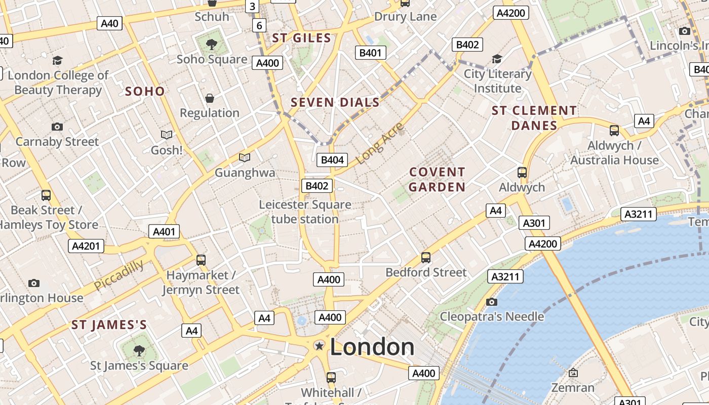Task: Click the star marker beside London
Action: [319, 346]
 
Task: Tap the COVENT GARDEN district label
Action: [437, 179]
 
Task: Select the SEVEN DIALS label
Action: [335, 102]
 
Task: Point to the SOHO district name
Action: [145, 91]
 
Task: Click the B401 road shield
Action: [370, 53]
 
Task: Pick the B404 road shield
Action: [332, 160]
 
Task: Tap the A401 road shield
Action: [164, 232]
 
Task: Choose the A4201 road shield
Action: [86, 246]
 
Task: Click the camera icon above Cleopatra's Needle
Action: [491, 302]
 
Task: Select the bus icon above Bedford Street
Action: [426, 258]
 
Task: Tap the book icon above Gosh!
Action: [167, 135]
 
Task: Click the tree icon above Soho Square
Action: [212, 45]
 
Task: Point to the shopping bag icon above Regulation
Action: [210, 98]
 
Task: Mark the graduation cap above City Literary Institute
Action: [497, 59]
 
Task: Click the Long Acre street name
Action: [380, 143]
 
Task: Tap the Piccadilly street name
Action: [119, 275]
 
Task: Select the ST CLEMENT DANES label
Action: [534, 118]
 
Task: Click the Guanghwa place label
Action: [245, 173]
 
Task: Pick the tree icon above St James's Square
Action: [139, 350]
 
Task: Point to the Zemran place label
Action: [573, 388]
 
